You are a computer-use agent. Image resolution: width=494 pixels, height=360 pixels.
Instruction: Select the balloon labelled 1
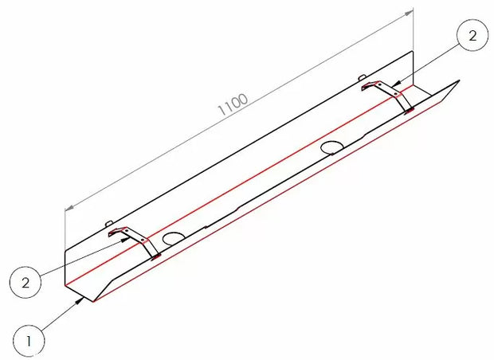28,341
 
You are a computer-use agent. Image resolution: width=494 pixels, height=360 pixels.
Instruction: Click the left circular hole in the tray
173,237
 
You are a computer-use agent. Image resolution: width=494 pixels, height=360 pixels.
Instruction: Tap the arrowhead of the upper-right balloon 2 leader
395,83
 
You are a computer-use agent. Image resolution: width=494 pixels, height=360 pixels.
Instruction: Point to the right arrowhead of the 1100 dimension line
412,11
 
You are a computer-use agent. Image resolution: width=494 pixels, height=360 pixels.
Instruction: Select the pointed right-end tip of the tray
460,80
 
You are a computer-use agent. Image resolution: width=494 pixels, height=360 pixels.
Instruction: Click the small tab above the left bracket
111,223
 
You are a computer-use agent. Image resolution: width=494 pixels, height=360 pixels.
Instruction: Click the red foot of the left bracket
155,255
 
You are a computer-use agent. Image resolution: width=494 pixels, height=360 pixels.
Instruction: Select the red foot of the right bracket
409,110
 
